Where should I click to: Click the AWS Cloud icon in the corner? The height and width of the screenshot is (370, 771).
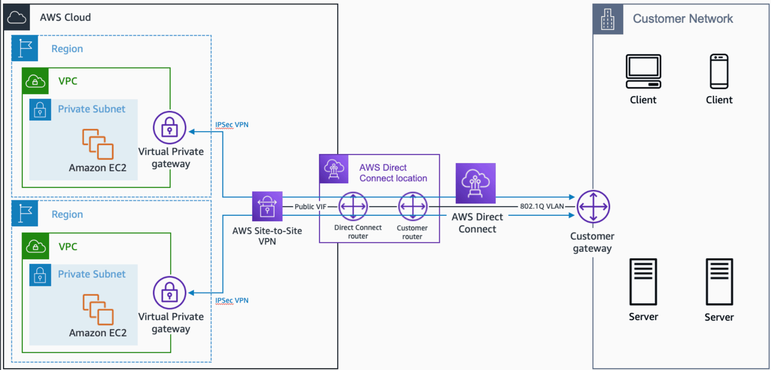pos(17,17)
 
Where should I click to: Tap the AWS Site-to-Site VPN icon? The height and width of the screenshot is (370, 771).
pos(267,206)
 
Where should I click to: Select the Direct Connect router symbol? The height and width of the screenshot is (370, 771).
pos(353,206)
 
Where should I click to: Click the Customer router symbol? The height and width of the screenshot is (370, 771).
pos(413,206)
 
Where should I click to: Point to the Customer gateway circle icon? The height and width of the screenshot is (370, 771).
pos(593,207)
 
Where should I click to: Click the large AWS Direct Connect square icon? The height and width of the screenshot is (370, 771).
pos(475,183)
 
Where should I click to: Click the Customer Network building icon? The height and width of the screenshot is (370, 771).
pos(608,19)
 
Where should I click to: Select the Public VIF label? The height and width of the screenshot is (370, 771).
pos(310,207)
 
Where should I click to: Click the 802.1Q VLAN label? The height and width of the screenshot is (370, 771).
pos(542,206)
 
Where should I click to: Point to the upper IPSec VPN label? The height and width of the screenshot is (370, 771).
pos(232,125)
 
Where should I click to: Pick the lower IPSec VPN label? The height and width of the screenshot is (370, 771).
pos(232,300)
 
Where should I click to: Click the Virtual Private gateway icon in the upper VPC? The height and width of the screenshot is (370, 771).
pos(169,128)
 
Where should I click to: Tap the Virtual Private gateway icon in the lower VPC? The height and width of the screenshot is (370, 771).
pos(169,293)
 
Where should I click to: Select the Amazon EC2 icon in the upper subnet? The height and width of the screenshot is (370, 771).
pos(98,144)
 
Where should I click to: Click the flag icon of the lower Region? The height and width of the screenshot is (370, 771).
pos(25,213)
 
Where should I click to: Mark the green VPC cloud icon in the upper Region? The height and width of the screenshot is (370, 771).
pos(35,81)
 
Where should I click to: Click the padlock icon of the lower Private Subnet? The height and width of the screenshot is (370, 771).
pos(40,275)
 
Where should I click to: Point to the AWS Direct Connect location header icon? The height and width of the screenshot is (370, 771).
pos(334,169)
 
